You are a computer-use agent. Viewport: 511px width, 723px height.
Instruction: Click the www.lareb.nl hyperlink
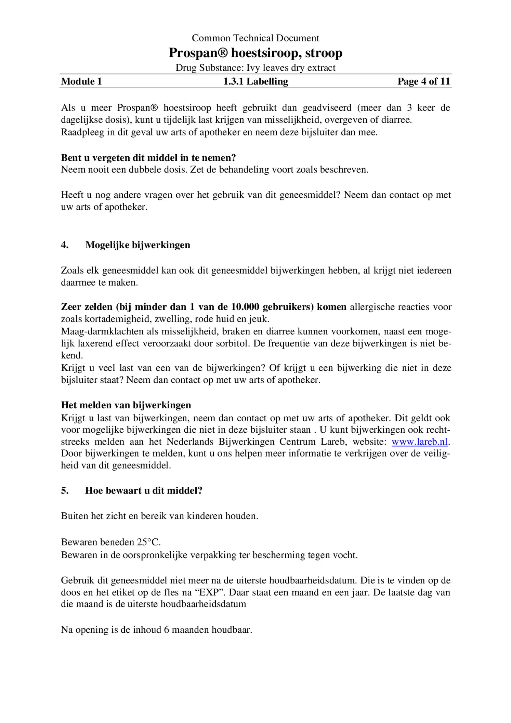[x=419, y=442]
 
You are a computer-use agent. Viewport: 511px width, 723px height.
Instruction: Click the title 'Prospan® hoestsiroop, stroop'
[x=255, y=53]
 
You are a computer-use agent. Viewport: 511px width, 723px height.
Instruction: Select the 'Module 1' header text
[x=81, y=81]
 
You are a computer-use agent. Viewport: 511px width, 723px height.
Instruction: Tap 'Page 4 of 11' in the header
[x=423, y=81]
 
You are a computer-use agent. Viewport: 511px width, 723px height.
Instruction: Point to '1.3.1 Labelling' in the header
[x=255, y=81]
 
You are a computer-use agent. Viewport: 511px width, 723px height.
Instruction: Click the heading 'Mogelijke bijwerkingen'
[x=137, y=245]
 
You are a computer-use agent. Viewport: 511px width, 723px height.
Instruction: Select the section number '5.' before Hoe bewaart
[x=65, y=490]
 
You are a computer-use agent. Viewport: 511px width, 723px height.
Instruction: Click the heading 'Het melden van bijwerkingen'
[x=126, y=405]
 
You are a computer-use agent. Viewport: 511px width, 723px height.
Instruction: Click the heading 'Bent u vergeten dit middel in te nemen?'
[x=148, y=158]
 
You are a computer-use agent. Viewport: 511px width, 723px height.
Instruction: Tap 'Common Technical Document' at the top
[x=255, y=38]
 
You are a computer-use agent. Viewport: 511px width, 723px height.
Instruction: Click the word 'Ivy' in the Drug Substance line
[x=253, y=68]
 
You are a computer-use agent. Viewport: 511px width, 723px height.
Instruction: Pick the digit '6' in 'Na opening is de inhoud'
[x=167, y=630]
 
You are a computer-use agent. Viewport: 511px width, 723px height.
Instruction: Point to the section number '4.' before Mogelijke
[x=65, y=245]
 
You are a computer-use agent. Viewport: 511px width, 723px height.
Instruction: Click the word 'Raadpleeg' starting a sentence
[x=82, y=132]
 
